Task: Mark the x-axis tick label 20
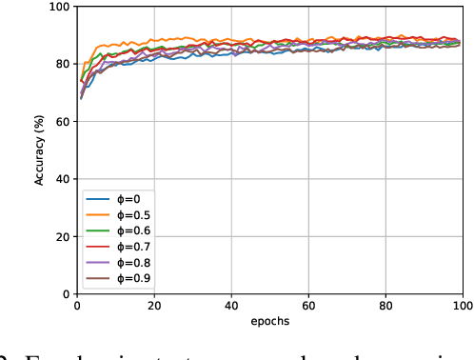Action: pyautogui.click(x=153, y=306)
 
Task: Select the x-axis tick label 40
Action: pyautogui.click(x=230, y=306)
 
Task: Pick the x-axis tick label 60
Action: pyautogui.click(x=307, y=306)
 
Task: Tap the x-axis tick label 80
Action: pyautogui.click(x=385, y=306)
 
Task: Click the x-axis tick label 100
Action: pyautogui.click(x=461, y=306)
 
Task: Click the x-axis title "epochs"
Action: pyautogui.click(x=269, y=321)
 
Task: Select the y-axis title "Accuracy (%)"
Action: pyautogui.click(x=40, y=150)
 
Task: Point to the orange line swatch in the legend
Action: pyautogui.click(x=97, y=215)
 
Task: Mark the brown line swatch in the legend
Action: pyautogui.click(x=97, y=279)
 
